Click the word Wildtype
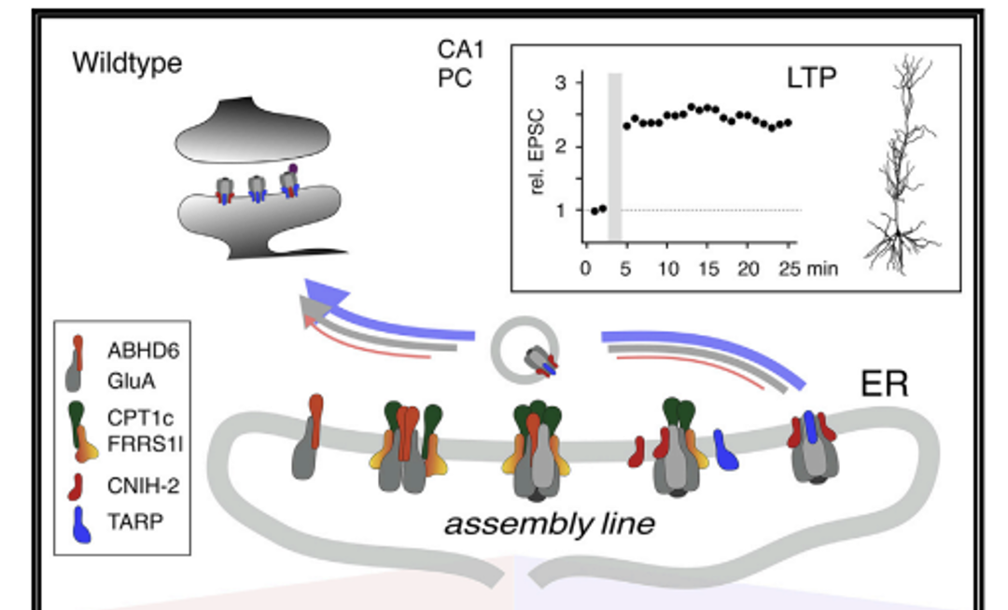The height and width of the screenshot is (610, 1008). point(127,64)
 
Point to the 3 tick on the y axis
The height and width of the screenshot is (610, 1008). point(560,83)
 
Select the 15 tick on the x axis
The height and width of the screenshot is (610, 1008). point(708,270)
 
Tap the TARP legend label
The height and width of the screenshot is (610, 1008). point(135,521)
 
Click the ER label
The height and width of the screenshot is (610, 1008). point(884,383)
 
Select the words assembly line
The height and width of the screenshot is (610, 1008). point(549,524)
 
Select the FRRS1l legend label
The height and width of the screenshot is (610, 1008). point(145,443)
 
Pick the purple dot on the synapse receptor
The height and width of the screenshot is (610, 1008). point(293,169)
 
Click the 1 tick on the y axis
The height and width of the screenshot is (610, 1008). point(560,210)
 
